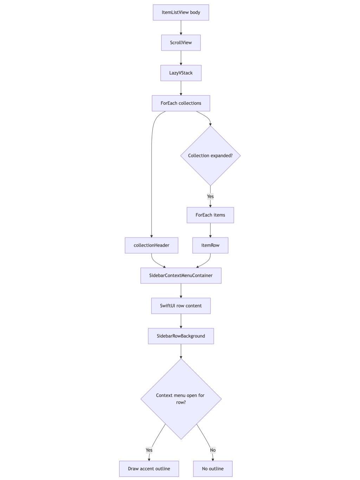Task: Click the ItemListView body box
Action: click(181, 12)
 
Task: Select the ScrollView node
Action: click(181, 43)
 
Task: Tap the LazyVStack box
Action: click(181, 73)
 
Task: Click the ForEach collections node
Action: click(181, 103)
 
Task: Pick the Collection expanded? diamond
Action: click(210, 155)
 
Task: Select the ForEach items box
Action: click(210, 215)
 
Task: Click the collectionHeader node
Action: click(151, 245)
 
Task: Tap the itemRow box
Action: click(210, 245)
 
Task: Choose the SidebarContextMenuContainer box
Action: click(181, 275)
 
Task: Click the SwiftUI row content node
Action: click(181, 306)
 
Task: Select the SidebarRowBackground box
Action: click(181, 336)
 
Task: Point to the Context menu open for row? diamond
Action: click(181, 398)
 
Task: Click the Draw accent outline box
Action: click(149, 468)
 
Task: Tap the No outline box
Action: click(213, 468)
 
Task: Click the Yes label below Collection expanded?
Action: click(210, 196)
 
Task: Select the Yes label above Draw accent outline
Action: click(149, 450)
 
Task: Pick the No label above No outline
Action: click(213, 450)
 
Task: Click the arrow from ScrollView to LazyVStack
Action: click(181, 58)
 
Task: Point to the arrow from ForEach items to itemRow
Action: click(210, 230)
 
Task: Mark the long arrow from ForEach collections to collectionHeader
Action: click(152, 176)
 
